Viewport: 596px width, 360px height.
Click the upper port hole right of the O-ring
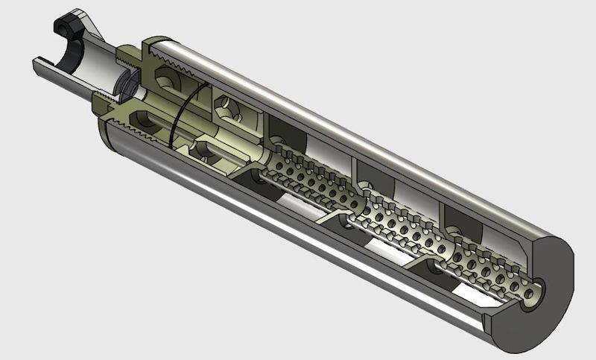point(224,109)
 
